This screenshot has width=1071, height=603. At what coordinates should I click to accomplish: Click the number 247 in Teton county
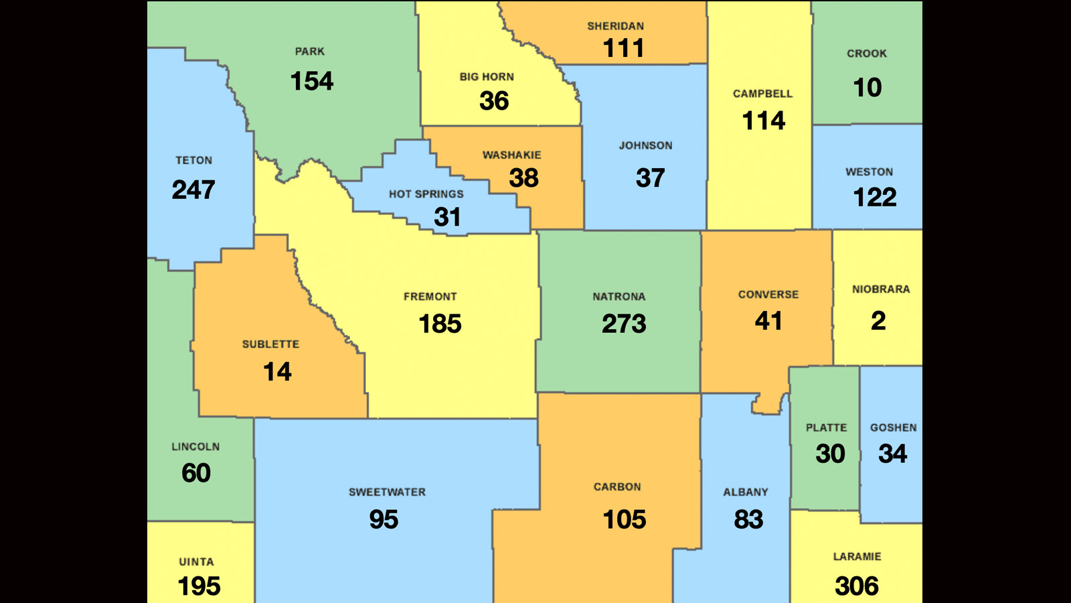193,190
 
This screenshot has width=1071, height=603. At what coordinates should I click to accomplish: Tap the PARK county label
310,52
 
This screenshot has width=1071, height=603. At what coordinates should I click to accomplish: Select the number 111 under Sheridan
623,48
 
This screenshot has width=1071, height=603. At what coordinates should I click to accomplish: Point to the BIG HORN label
487,77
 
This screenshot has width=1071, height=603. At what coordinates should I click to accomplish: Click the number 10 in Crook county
867,88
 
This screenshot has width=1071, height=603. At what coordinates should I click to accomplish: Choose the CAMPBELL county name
762,94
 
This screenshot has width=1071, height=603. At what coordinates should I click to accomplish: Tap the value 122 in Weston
874,198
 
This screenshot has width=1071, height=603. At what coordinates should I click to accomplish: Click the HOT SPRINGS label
426,194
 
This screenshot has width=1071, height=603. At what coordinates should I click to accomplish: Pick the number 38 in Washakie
523,178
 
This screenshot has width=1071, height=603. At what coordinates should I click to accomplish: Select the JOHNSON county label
645,145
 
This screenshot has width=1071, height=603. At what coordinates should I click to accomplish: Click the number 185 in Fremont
440,324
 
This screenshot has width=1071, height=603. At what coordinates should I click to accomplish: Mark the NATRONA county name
619,297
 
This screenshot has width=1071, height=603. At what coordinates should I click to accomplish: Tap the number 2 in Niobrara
878,321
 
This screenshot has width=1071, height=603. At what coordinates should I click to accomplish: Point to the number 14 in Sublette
277,372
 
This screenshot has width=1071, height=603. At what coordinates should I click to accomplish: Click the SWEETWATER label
387,492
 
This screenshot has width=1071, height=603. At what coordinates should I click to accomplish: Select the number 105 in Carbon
624,520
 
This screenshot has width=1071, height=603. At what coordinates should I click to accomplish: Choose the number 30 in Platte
830,454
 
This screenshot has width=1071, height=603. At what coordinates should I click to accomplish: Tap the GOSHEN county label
893,427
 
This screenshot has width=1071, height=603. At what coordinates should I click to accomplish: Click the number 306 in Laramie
857,586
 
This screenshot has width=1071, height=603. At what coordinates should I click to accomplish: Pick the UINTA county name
196,562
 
